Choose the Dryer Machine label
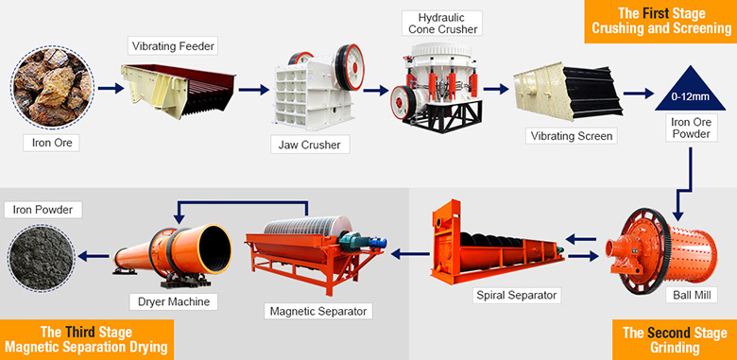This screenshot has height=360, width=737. (x=170, y=301)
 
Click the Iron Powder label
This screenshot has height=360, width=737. (x=43, y=208)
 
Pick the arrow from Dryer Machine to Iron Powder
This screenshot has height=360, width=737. (x=93, y=254)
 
